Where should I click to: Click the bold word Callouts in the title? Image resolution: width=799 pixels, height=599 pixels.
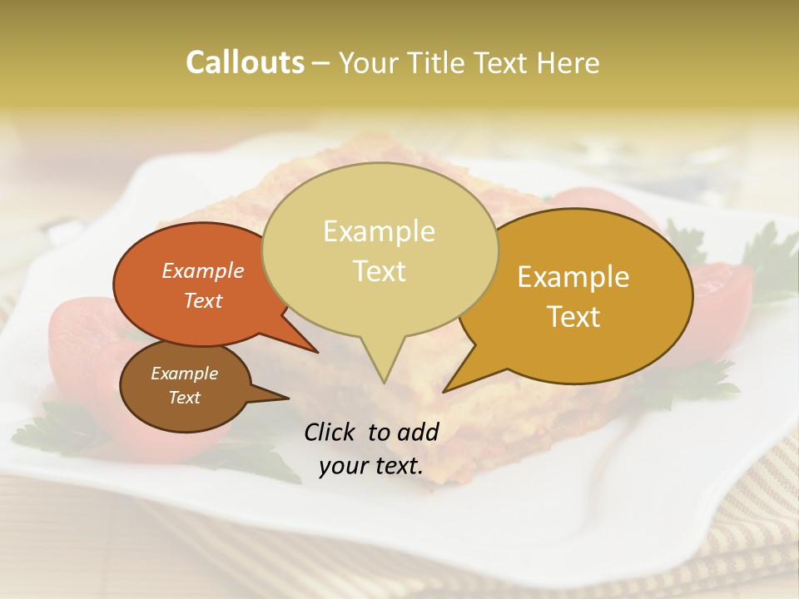(x=245, y=62)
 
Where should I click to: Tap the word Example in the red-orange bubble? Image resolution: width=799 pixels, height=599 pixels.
(x=203, y=270)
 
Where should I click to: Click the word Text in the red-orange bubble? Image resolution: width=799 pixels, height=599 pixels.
(x=203, y=300)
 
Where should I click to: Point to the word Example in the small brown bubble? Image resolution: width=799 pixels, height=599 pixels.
(x=184, y=374)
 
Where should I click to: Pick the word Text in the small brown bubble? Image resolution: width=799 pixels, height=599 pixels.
(x=184, y=398)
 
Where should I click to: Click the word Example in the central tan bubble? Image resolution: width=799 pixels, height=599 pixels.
(x=379, y=231)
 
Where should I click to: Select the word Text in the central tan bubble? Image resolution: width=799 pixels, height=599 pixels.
(x=379, y=271)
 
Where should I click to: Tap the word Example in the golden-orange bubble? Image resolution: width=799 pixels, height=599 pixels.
(x=573, y=277)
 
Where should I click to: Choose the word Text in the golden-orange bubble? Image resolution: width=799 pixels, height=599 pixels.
(x=573, y=317)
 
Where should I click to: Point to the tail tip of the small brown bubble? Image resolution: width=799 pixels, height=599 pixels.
(x=287, y=398)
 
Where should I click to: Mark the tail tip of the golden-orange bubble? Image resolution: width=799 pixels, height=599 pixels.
(x=445, y=390)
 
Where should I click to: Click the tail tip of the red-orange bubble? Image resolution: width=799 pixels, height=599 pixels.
(x=316, y=351)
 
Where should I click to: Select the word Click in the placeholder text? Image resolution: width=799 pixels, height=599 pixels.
(x=330, y=432)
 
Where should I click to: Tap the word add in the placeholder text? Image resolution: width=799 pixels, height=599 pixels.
(x=419, y=432)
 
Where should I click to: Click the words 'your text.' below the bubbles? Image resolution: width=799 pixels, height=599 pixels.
(x=371, y=466)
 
